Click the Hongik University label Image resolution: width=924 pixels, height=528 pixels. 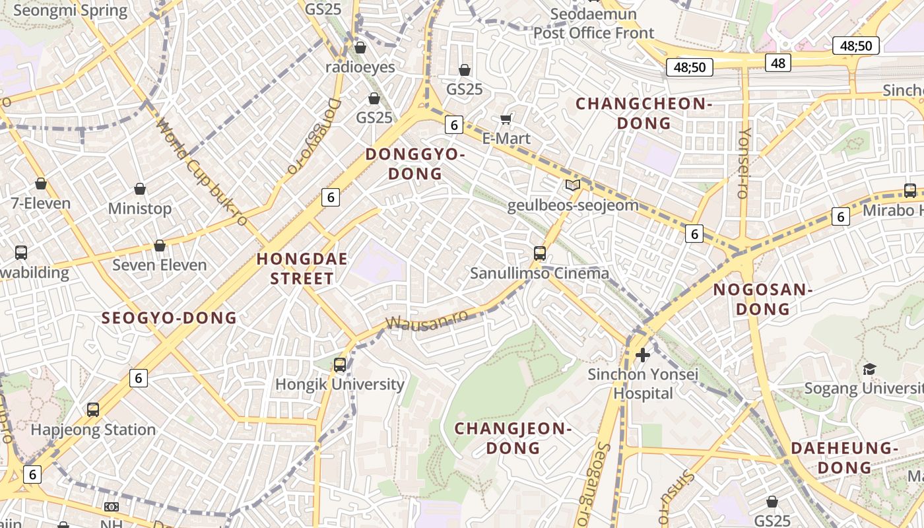pos(339,384)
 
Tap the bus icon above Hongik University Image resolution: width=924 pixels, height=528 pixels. pos(340,364)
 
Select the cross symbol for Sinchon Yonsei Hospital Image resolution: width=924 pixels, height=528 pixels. pos(642,355)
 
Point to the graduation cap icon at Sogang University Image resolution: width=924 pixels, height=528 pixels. pos(869,369)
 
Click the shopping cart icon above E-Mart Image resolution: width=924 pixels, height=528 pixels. pos(506,119)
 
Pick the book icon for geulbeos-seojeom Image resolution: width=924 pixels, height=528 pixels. pos(572,185)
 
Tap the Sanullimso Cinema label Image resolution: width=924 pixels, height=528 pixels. pos(539,273)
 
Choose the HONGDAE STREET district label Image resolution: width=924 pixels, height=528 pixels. pos(302,269)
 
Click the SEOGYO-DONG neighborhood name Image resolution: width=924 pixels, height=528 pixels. pos(169,318)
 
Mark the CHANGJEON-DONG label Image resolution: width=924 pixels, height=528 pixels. pos(513,438)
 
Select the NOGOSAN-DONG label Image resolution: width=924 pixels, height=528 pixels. pos(762,299)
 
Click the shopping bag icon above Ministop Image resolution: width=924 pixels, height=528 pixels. pos(140,189)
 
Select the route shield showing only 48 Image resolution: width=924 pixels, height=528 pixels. pos(778,63)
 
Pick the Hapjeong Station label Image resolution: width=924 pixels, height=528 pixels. pos(93,430)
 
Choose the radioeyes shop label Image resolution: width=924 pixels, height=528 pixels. pos(360,67)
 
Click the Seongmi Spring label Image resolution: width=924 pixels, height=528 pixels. pos(70,11)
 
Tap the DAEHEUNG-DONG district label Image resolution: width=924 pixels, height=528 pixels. pos(844,457)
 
